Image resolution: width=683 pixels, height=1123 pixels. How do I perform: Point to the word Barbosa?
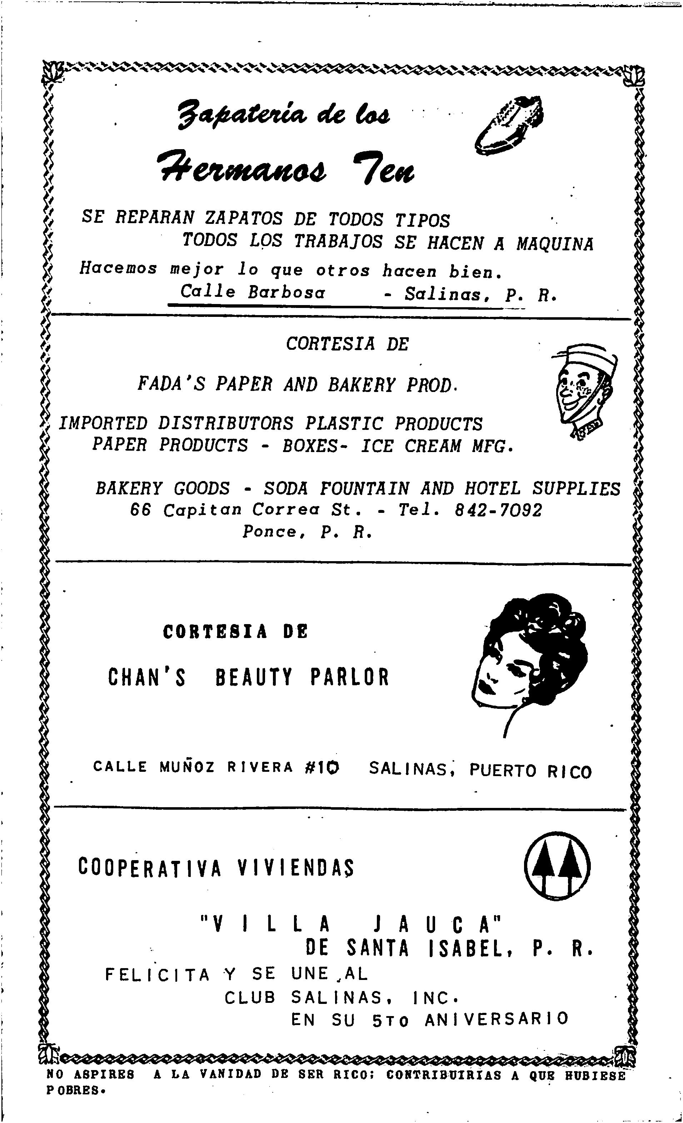287,292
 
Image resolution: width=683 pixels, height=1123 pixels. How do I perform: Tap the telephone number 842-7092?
499,510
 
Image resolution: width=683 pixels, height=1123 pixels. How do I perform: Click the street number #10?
322,768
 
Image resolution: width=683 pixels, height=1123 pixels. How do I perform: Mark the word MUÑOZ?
187,767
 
